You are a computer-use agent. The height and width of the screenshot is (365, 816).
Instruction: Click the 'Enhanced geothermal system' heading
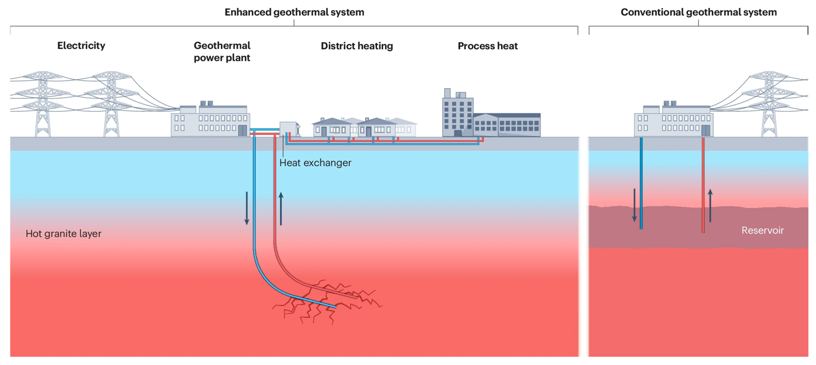(x=294, y=12)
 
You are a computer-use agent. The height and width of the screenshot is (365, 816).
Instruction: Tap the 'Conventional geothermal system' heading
(x=698, y=12)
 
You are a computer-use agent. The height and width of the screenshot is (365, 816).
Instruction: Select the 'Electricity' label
(x=81, y=46)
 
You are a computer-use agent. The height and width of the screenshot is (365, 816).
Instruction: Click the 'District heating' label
(x=357, y=46)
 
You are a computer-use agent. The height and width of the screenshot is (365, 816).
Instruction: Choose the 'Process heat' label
(x=487, y=46)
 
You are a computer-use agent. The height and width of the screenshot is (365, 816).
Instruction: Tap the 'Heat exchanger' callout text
(x=315, y=163)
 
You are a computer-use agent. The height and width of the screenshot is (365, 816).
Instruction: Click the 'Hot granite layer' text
(x=63, y=234)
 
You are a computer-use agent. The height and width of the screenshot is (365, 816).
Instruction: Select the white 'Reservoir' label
(x=763, y=230)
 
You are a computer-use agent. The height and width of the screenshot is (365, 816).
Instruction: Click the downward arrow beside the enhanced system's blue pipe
(x=246, y=208)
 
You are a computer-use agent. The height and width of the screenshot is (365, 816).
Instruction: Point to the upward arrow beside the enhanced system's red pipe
(x=281, y=209)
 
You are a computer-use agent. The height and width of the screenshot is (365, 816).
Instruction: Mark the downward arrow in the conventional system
(x=634, y=205)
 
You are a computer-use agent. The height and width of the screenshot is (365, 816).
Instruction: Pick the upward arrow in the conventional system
(x=710, y=205)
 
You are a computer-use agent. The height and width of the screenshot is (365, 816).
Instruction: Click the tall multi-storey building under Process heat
(x=458, y=113)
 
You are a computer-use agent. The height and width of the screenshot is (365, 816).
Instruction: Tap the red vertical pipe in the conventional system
(x=703, y=185)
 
